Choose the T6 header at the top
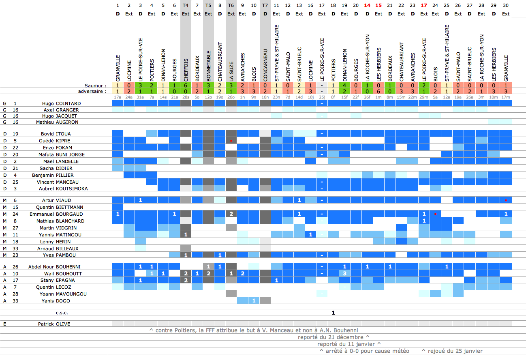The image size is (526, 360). click(x=231, y=6)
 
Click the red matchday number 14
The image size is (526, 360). click(x=367, y=6)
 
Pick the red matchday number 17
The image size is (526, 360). click(x=424, y=6)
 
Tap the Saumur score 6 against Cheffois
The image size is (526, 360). click(x=186, y=86)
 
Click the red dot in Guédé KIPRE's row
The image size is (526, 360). click(x=231, y=141)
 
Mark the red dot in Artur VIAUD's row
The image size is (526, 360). click(x=506, y=200)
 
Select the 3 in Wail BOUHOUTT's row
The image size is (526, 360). click(x=344, y=274)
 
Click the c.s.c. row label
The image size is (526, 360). click(x=62, y=313)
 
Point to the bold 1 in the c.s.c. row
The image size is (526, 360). click(x=333, y=313)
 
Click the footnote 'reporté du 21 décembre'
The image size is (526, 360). click(x=333, y=337)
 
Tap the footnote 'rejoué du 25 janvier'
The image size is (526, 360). click(x=452, y=351)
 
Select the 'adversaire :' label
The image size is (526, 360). click(x=94, y=91)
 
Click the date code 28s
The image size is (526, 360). click(x=186, y=97)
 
